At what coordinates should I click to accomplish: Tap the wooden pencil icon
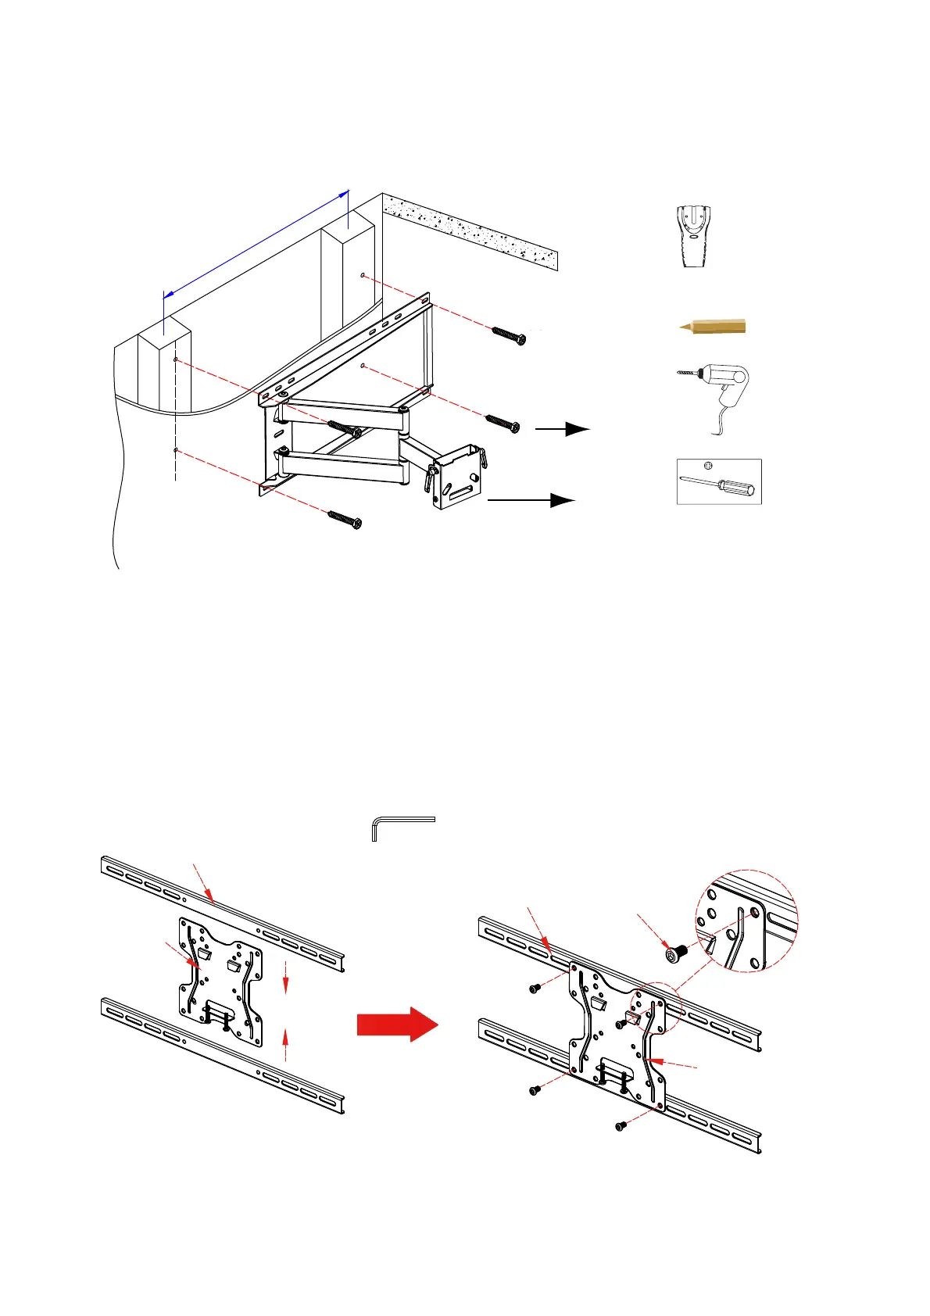(712, 326)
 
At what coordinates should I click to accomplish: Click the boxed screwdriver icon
(718, 481)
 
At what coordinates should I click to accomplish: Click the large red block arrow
(397, 1024)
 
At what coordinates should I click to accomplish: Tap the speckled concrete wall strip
(470, 231)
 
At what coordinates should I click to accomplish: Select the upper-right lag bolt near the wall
(508, 335)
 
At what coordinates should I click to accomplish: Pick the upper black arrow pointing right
(562, 428)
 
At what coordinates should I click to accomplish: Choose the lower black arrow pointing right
(531, 499)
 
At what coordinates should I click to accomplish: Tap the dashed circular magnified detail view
(746, 921)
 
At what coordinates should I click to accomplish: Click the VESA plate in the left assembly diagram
(221, 984)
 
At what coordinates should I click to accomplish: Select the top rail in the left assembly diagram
(224, 907)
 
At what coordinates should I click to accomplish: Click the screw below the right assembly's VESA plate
(621, 1126)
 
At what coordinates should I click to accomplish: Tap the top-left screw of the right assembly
(535, 989)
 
